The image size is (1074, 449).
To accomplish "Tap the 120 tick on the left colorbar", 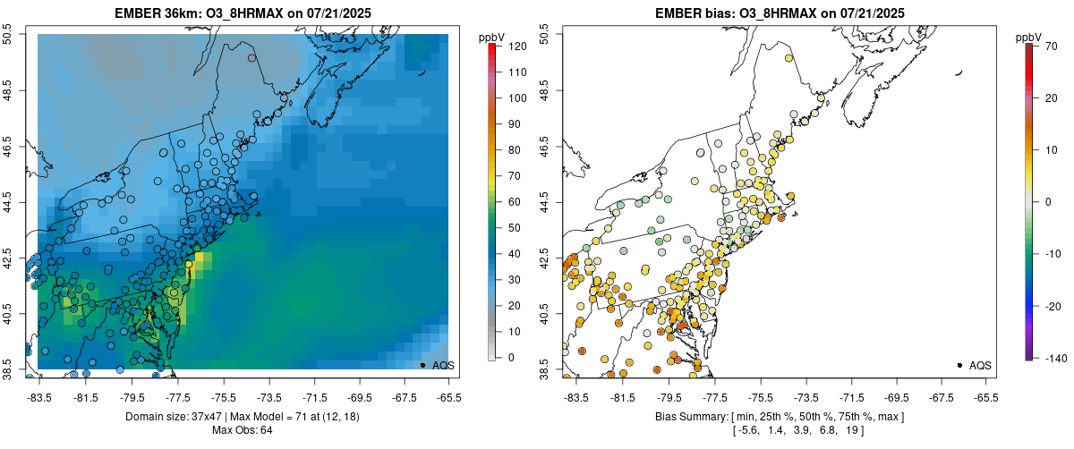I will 516,45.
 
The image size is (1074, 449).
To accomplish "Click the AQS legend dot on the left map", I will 422,365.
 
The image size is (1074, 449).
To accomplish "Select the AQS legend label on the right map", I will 980,365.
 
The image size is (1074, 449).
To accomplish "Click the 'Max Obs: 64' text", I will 243,430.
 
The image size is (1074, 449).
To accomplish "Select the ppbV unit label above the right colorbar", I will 1029,37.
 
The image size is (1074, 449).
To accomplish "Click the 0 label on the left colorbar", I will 510,357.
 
